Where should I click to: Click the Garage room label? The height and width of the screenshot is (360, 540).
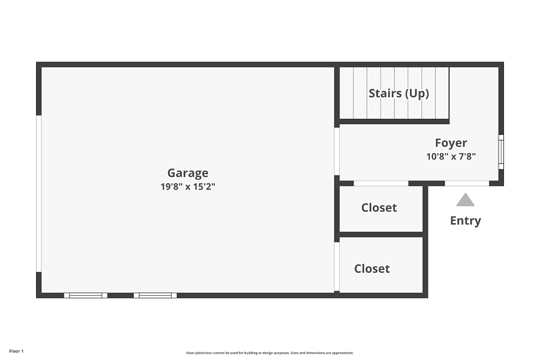(x=188, y=173)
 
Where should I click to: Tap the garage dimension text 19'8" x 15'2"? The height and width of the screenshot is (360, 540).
(x=188, y=187)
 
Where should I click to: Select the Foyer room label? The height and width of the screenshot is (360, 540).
(x=451, y=143)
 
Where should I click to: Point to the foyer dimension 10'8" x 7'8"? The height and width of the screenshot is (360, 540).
(x=451, y=157)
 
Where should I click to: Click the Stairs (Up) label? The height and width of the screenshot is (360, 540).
(x=399, y=94)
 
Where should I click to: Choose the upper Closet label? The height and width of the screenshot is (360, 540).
(x=379, y=208)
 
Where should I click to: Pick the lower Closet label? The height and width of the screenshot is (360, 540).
(x=372, y=269)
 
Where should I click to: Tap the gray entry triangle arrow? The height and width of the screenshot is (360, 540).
(x=465, y=200)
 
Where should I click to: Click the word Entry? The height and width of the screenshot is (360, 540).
(x=465, y=220)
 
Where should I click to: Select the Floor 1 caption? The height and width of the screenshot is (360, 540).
(x=16, y=352)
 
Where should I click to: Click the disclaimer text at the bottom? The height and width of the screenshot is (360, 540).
(x=269, y=353)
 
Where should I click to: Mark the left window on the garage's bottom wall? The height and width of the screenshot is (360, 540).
(x=86, y=295)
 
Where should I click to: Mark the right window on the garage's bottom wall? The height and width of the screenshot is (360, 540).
(x=155, y=295)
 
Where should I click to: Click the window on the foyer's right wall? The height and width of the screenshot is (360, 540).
(x=501, y=152)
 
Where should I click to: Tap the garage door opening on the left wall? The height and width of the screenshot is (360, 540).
(x=39, y=194)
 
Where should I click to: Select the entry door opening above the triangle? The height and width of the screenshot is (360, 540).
(x=467, y=183)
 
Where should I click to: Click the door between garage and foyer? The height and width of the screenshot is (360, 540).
(x=337, y=152)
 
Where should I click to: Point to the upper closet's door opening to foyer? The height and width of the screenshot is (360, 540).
(x=381, y=183)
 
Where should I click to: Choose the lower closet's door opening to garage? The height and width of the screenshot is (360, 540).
(x=337, y=266)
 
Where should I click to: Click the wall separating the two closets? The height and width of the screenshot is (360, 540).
(x=381, y=235)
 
